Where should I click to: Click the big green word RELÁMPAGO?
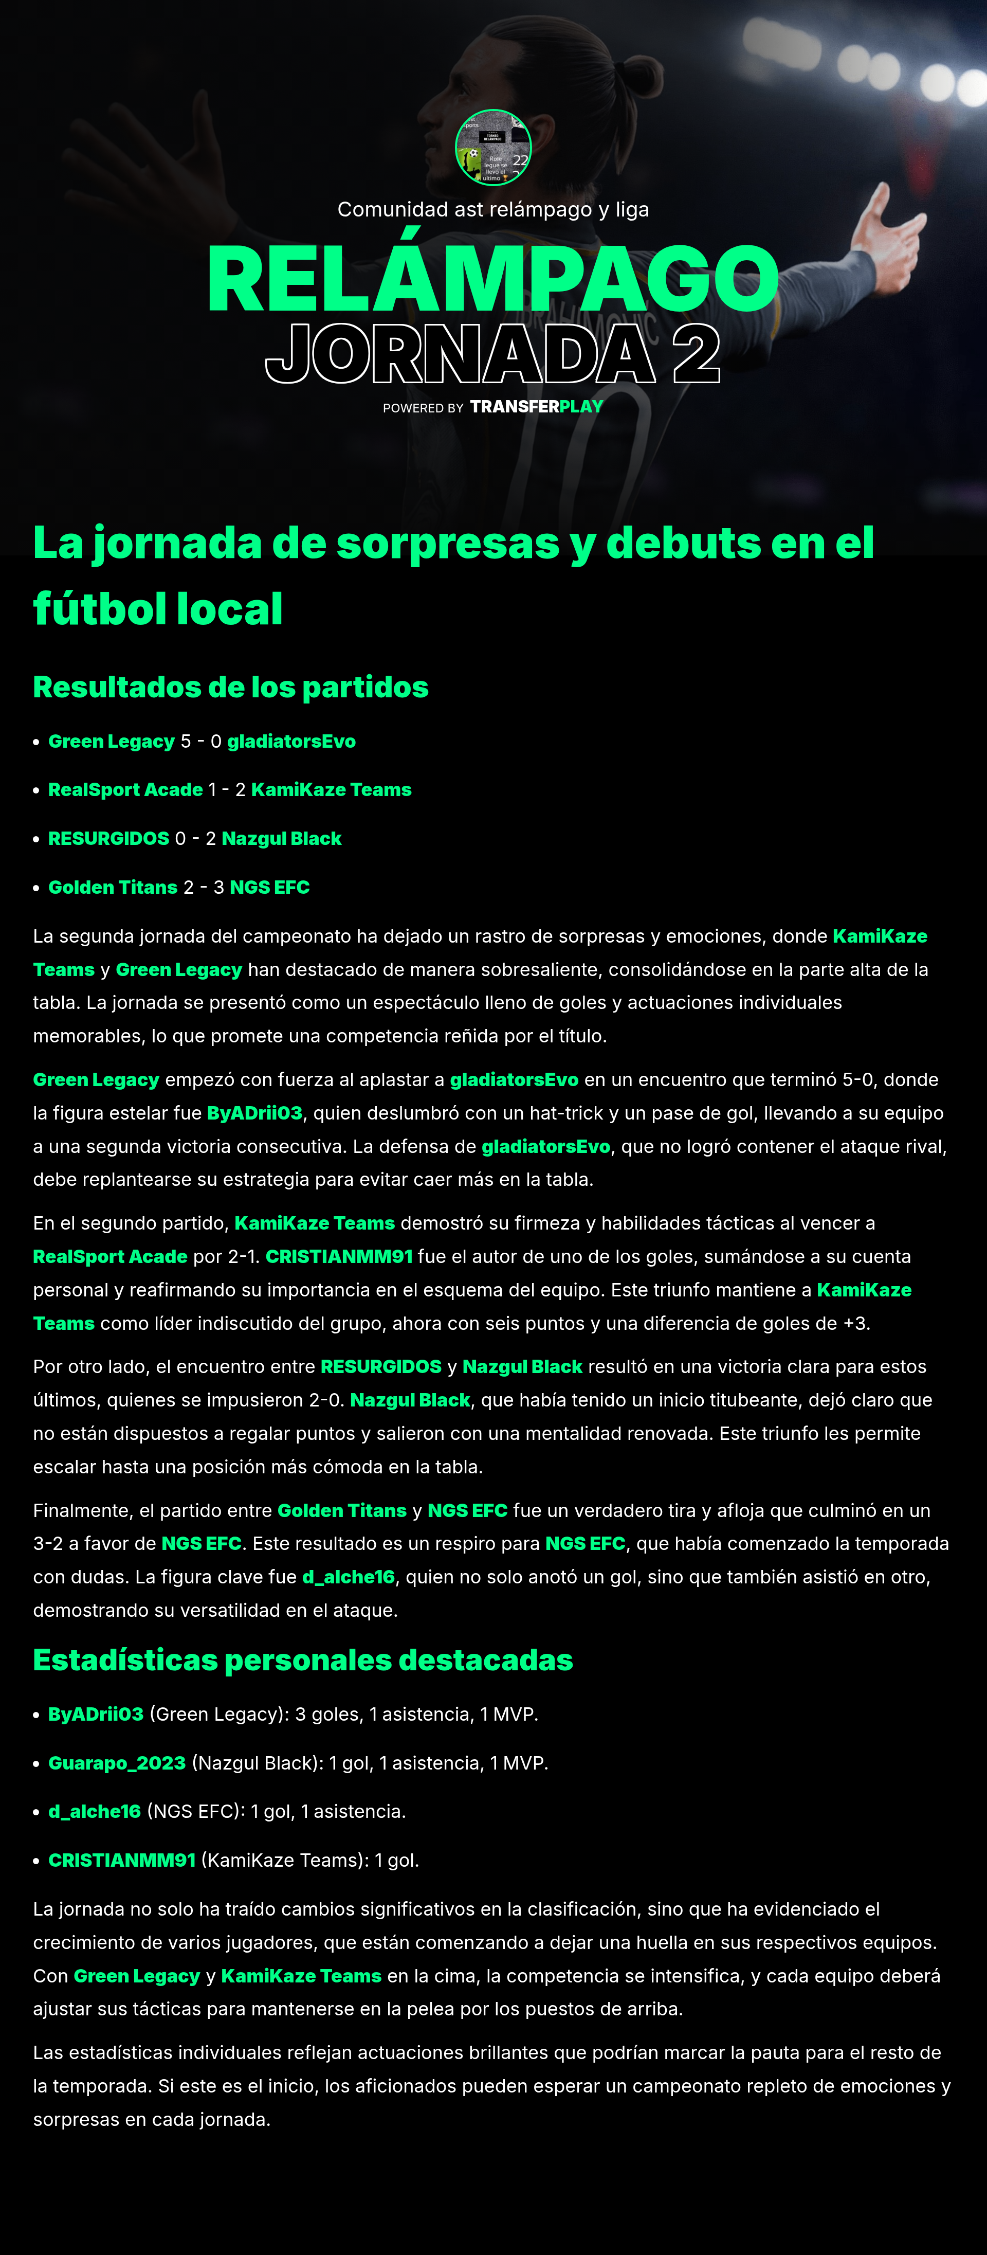click(x=492, y=278)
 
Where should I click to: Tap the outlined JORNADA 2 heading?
click(x=492, y=354)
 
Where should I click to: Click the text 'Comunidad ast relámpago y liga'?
click(x=492, y=210)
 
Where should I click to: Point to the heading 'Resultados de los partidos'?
click(x=230, y=687)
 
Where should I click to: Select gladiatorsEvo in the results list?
click(x=291, y=742)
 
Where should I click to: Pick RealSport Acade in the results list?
click(x=125, y=789)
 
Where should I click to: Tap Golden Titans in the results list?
click(x=113, y=888)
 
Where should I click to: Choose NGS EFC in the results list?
click(x=269, y=888)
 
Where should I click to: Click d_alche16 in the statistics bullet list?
click(x=95, y=1811)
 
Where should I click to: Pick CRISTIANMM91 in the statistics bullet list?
click(x=122, y=1860)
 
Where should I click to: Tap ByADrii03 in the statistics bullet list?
click(x=96, y=1714)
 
